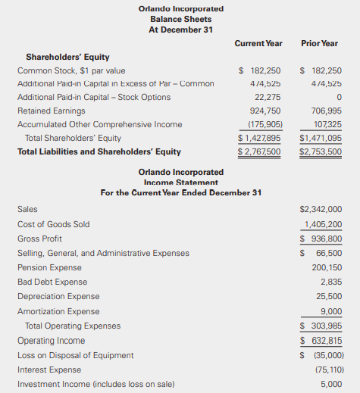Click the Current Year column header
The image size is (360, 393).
point(258,44)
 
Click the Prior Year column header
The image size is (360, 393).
point(319,44)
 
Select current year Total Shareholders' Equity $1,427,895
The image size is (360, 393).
point(259,138)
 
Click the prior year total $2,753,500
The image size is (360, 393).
point(321,151)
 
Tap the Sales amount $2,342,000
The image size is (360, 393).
point(321,209)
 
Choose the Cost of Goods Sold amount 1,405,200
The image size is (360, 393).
point(323,224)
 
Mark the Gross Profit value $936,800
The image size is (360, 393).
point(321,239)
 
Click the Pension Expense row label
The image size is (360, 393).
point(49,267)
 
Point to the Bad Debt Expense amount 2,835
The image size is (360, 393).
point(331,282)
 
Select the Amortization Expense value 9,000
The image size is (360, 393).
point(331,310)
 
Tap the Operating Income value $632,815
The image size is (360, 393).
point(321,340)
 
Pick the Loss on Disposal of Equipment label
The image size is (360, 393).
point(75,355)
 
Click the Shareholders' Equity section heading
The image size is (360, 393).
point(67,57)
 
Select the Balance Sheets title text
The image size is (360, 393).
point(181,19)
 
